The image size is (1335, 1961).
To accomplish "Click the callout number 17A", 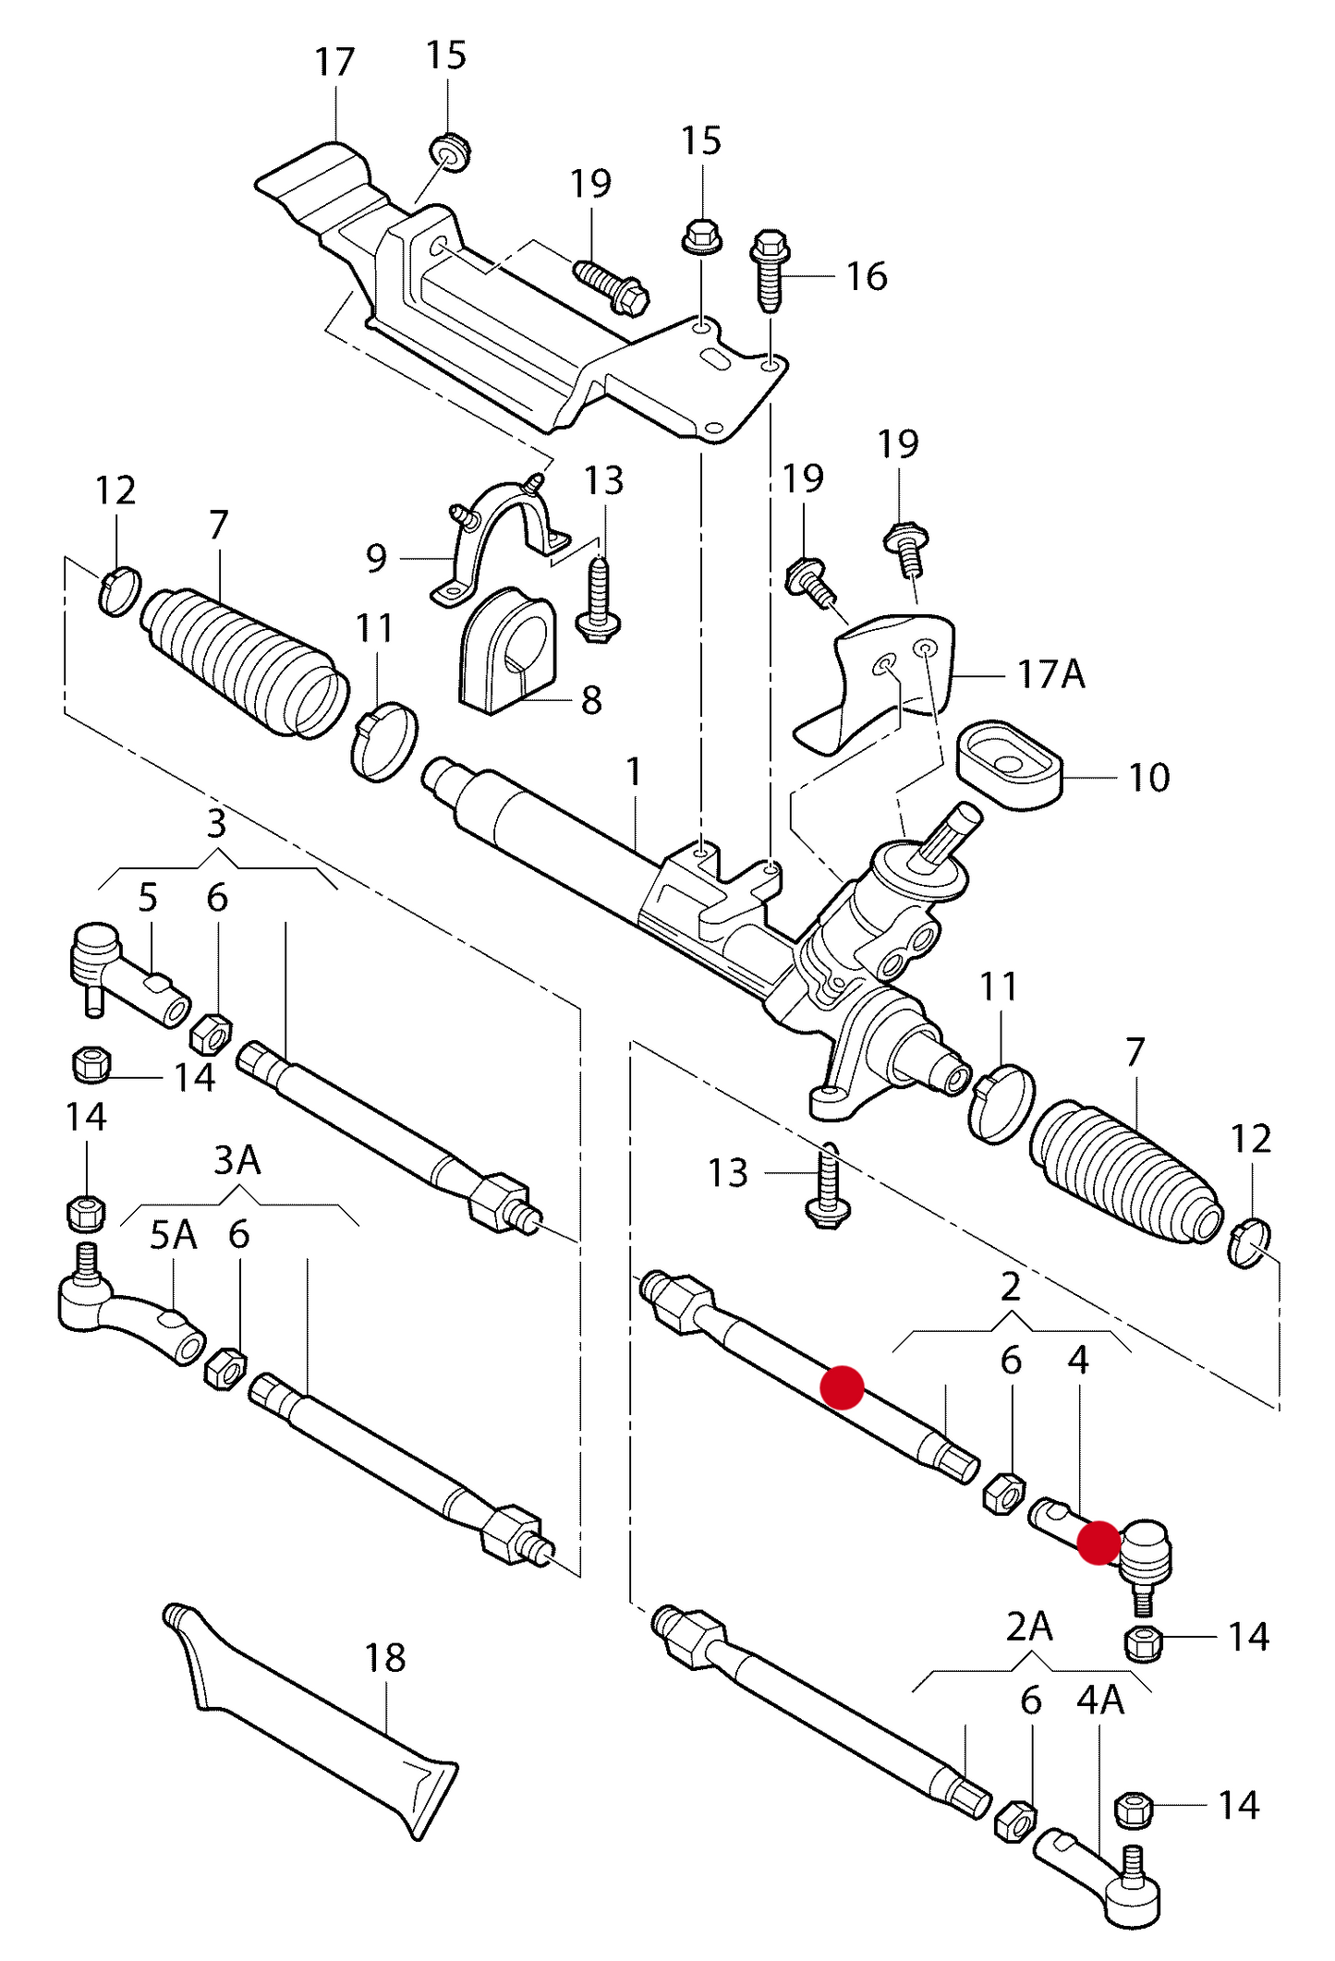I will pos(1050,675).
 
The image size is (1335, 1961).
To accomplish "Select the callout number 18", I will pos(384,1658).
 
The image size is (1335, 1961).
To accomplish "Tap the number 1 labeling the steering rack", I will pos(634,771).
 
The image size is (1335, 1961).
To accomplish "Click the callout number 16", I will pos(866,276).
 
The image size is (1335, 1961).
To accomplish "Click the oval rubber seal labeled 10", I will pos(1008,766).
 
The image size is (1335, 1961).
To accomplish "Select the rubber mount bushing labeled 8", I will pos(506,650).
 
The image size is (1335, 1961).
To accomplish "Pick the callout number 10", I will pos(1148,778).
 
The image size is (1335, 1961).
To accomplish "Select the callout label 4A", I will pos(1099,1701).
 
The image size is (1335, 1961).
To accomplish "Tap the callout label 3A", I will pos(237,1160).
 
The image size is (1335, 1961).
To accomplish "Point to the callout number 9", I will pos(376,558).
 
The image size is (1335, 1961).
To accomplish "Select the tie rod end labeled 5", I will pos(129,979).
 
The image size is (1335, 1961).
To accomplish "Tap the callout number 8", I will pos(591,700).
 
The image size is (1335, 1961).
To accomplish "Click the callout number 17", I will pos(334,63).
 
